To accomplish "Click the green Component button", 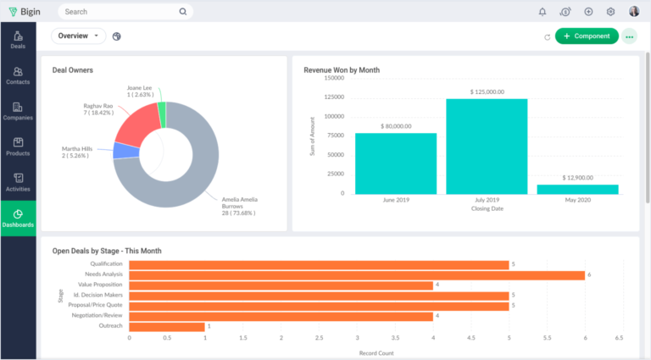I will (587, 36).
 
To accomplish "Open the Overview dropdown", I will (78, 36).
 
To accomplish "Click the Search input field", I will (119, 12).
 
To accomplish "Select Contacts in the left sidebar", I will (18, 76).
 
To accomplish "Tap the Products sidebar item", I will (18, 147).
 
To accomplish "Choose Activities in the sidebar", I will (18, 183).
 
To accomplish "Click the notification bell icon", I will (542, 12).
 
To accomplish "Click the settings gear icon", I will (610, 12).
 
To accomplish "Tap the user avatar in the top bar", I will (634, 12).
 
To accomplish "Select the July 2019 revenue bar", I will (487, 146).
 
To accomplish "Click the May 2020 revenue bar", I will (578, 189).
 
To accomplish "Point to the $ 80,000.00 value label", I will (395, 126).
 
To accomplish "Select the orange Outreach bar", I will (167, 326).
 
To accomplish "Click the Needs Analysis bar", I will (356, 275).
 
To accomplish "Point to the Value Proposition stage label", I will (100, 285).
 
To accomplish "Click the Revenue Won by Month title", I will (342, 70).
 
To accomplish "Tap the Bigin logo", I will (26, 12).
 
